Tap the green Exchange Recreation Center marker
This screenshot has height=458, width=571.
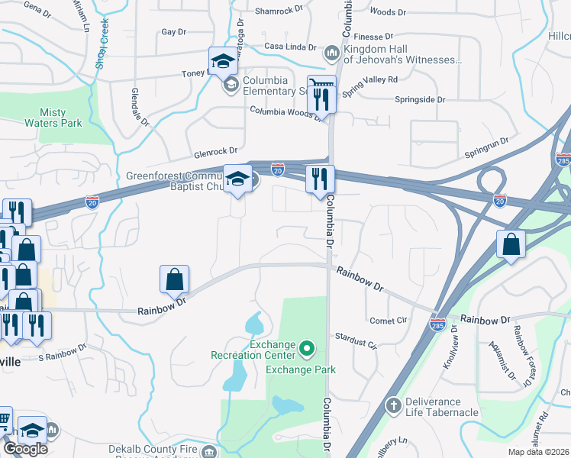tap(307, 349)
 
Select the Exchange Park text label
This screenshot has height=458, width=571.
tap(301, 370)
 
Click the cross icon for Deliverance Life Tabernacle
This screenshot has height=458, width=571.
tap(393, 404)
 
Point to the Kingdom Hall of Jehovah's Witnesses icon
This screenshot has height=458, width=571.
tap(331, 53)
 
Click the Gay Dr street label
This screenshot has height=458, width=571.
tap(174, 32)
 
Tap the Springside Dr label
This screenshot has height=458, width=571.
tap(420, 99)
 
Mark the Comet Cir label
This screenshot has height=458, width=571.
tap(387, 321)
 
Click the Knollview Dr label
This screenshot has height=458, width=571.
tap(449, 348)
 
